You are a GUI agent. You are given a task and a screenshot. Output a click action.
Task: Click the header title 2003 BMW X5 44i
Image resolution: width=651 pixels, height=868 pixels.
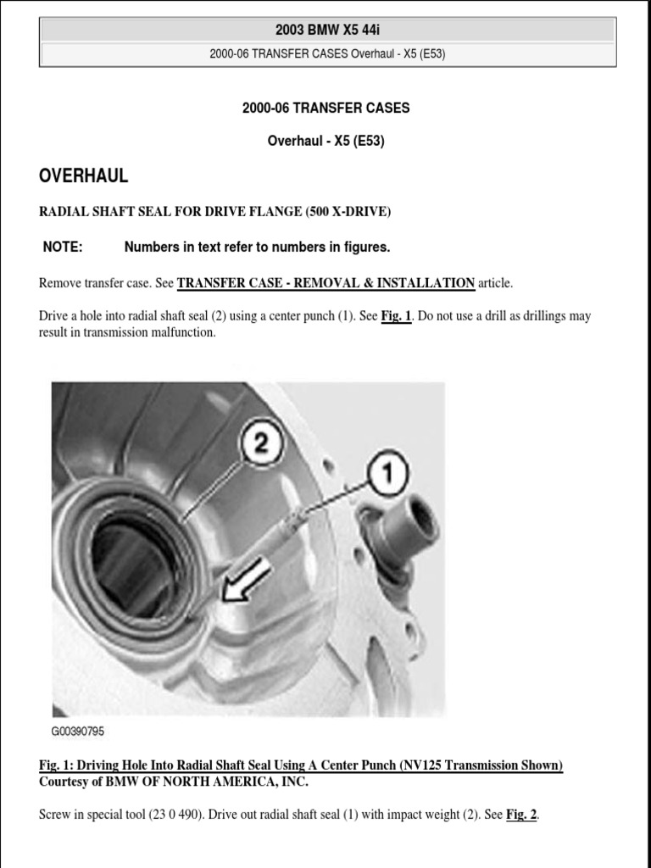tap(326, 31)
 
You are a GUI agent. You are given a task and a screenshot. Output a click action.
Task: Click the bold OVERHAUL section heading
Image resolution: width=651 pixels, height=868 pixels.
tap(84, 176)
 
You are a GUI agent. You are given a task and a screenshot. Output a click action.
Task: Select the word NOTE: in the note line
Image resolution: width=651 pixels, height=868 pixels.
tap(63, 247)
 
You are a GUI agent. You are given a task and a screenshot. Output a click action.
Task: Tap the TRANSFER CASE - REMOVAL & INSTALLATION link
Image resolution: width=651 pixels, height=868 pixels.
tap(325, 282)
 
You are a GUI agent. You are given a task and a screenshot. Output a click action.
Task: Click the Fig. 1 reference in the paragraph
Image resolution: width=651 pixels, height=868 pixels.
tap(396, 316)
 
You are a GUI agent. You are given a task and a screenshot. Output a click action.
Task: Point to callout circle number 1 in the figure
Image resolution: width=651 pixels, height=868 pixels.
tap(388, 471)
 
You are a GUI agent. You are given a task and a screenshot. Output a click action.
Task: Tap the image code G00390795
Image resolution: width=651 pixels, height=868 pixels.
tap(78, 731)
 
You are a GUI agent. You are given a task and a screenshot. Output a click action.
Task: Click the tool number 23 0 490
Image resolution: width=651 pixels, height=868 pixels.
tap(170, 815)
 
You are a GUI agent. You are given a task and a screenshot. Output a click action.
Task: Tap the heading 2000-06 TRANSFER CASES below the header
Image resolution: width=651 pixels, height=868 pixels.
tap(325, 108)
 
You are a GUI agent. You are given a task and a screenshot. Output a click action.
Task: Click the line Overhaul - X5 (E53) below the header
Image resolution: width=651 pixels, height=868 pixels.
tap(325, 142)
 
